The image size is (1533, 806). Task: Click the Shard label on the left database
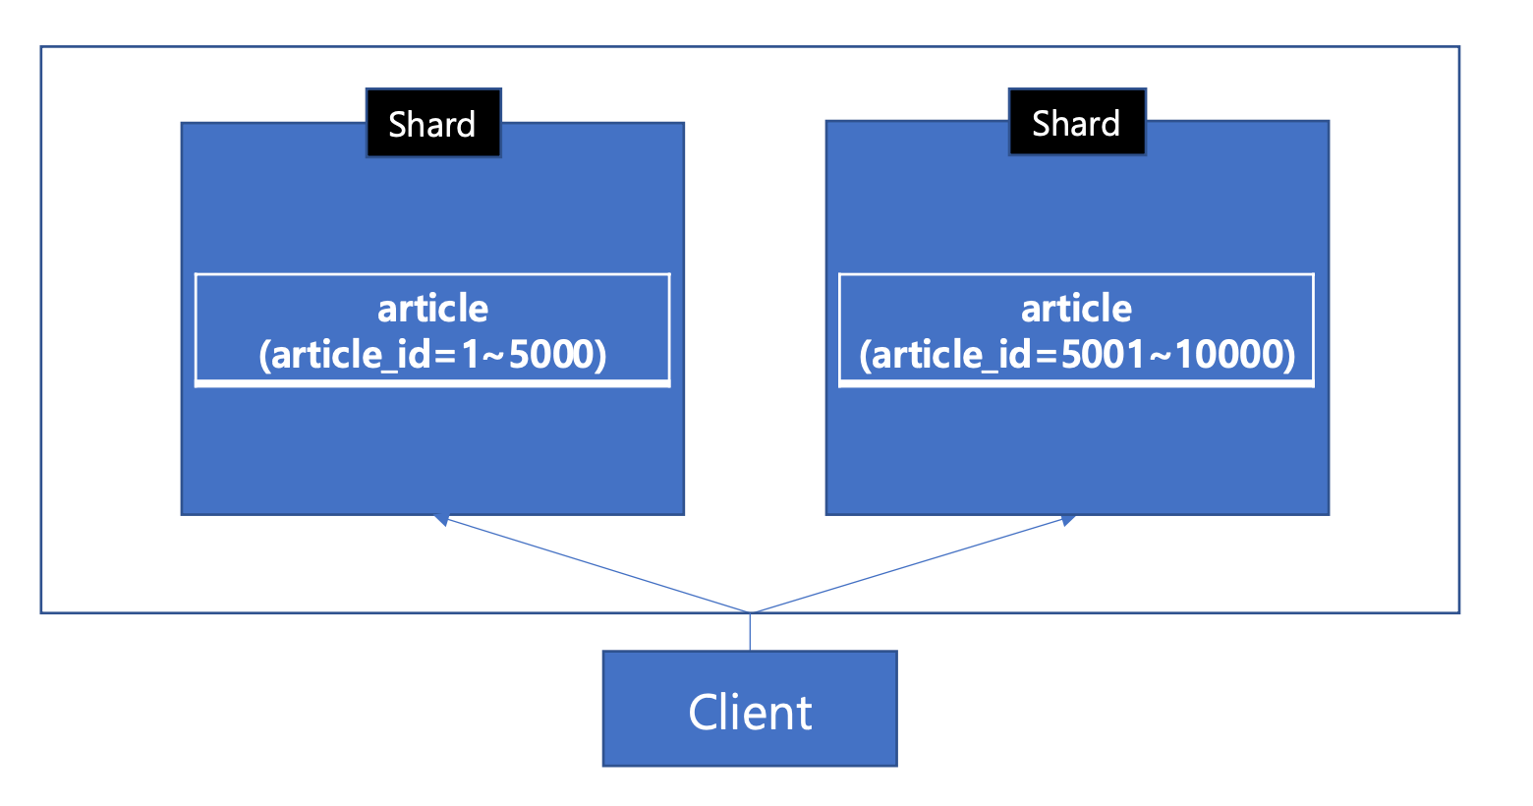coord(432,124)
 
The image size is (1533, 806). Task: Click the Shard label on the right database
coord(1076,123)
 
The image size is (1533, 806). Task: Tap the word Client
coord(750,713)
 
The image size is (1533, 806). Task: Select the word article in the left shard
coord(433,309)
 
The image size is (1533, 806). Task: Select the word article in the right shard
coord(1076,309)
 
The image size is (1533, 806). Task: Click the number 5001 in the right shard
coord(1093,354)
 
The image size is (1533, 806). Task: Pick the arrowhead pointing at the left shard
coord(442,520)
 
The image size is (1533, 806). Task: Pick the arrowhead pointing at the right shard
coord(1067,520)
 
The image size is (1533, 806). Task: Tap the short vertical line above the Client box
coord(750,631)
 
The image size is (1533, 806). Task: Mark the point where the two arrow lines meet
coord(750,613)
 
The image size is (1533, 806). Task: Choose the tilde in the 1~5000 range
coord(495,356)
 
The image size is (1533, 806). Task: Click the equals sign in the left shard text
coord(445,356)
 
